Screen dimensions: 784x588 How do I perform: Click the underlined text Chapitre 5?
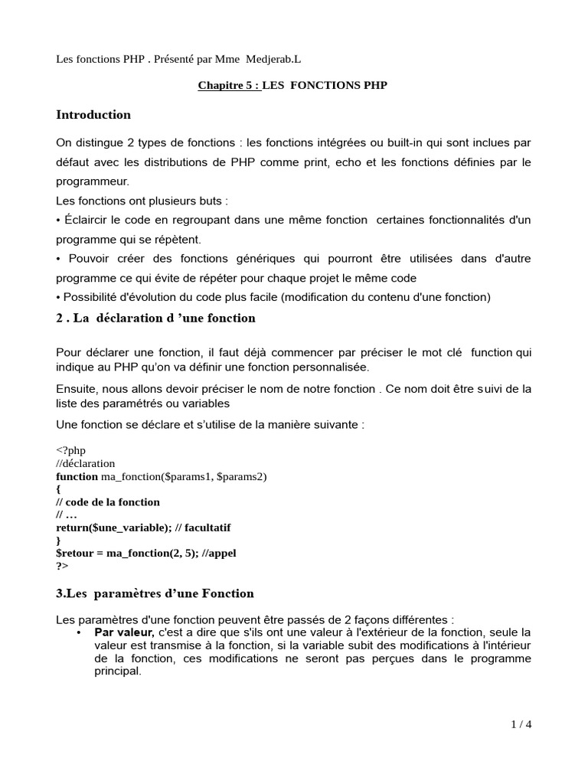(227, 86)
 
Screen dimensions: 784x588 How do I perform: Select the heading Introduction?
(93, 115)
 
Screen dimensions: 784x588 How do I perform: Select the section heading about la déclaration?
(155, 318)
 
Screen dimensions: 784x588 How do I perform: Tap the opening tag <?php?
(72, 450)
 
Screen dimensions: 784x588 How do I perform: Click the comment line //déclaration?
(86, 463)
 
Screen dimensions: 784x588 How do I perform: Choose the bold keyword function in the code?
(77, 476)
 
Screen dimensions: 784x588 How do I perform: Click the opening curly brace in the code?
(58, 489)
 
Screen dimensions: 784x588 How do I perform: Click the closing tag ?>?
(62, 567)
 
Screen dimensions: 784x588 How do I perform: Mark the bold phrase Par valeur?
(124, 632)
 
